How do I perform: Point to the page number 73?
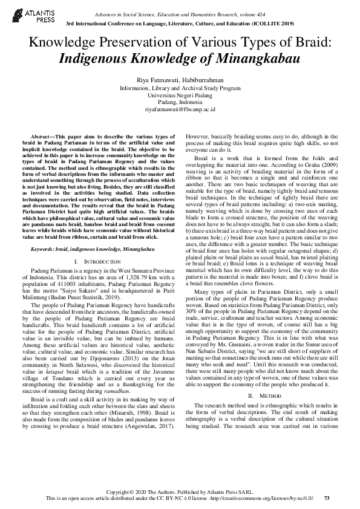click(327, 498)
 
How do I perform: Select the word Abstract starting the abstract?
click(41, 138)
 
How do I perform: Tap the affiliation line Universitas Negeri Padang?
click(180, 96)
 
